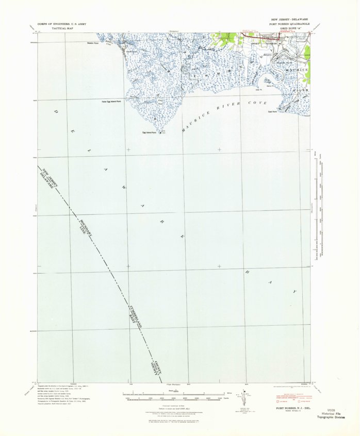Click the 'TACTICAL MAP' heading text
(50, 28)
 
